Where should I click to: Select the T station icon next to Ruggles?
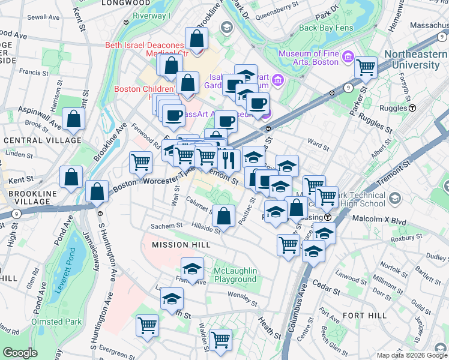413,109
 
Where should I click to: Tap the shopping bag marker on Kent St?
71,177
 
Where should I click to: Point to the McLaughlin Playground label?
235,275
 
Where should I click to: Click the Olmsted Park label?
57,322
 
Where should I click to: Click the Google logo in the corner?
20,353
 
